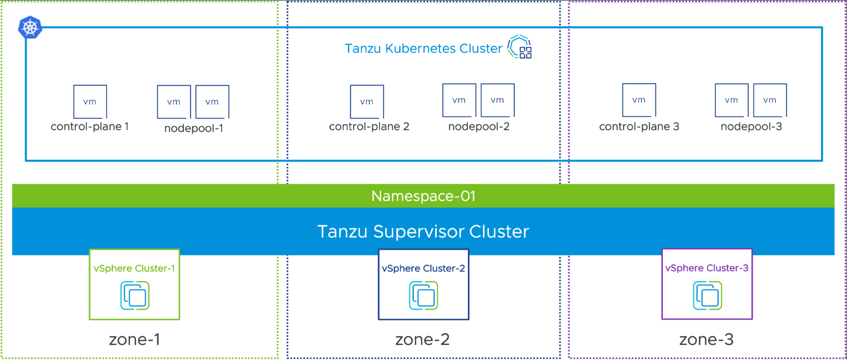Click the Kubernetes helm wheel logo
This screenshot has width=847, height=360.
(30, 27)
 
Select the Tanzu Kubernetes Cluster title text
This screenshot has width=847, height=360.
(423, 48)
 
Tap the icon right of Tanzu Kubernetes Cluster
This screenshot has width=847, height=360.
(520, 47)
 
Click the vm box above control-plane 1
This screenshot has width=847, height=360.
(90, 102)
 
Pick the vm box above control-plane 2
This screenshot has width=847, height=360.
(367, 102)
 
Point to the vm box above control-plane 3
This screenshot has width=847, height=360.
(639, 100)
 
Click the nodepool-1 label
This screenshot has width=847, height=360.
(194, 128)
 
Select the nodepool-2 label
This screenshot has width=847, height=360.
(479, 126)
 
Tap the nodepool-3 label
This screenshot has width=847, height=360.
(751, 126)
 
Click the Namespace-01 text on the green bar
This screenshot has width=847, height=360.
(423, 196)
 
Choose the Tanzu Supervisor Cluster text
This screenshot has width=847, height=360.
(423, 231)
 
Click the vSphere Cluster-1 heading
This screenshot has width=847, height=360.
(134, 268)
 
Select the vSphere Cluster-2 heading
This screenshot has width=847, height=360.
(423, 268)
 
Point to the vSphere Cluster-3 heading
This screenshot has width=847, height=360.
(707, 268)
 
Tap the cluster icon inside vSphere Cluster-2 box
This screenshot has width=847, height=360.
(424, 295)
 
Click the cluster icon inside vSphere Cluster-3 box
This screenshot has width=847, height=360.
(707, 295)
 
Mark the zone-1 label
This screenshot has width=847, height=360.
(134, 339)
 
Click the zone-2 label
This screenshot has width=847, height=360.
(422, 339)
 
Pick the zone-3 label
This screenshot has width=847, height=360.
(706, 339)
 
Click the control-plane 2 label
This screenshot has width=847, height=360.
(369, 126)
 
